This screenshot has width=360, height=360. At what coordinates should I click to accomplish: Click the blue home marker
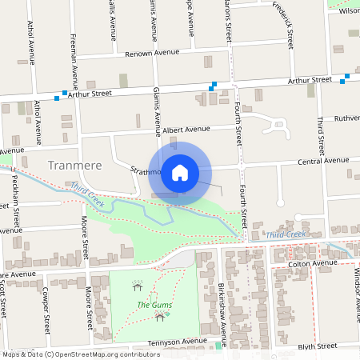point(180,171)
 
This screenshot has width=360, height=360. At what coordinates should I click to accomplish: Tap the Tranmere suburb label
point(75,166)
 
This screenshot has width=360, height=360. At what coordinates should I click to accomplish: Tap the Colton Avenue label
point(314,263)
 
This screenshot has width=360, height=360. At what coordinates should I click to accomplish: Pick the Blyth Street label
point(316,347)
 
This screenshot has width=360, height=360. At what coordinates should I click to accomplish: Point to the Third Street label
point(320,137)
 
